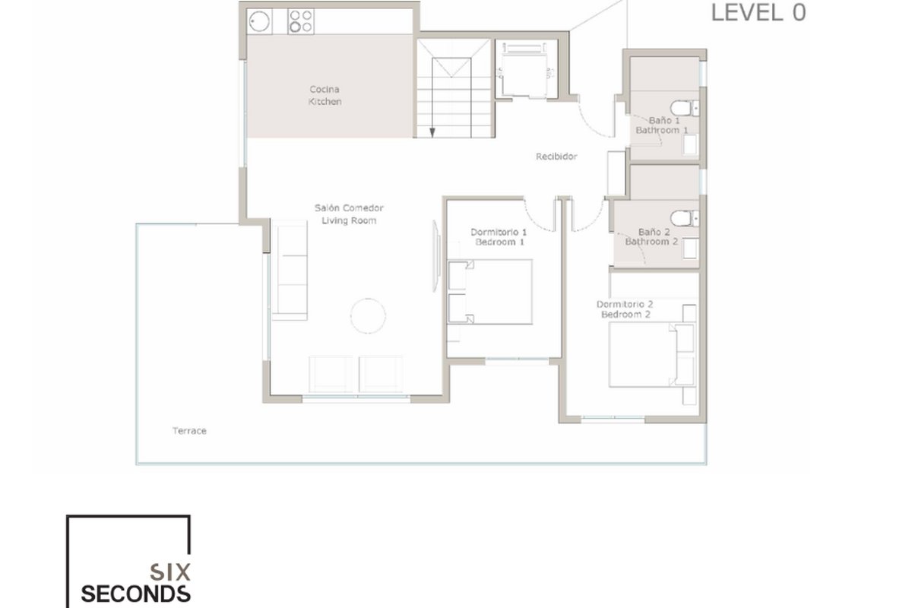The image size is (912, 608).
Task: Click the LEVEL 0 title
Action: click(x=758, y=13)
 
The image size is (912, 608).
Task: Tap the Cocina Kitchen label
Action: click(x=325, y=95)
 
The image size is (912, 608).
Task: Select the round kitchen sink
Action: click(x=259, y=21)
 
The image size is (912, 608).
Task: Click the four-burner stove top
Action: click(x=301, y=21)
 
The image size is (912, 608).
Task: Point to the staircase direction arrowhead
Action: click(x=432, y=132)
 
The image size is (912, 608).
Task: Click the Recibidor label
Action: click(x=556, y=157)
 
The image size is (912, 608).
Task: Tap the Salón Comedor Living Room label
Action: click(x=349, y=214)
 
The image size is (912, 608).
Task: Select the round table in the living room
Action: click(x=368, y=316)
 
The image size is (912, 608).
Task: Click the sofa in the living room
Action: click(x=290, y=271)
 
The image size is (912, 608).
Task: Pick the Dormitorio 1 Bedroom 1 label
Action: click(x=499, y=237)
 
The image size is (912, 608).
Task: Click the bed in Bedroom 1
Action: click(x=489, y=292)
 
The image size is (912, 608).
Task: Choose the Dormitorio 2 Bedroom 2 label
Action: click(x=625, y=309)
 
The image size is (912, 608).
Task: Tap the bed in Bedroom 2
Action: click(x=652, y=354)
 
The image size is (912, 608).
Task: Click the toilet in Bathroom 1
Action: click(x=685, y=109)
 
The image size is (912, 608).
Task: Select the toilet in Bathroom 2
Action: click(x=685, y=218)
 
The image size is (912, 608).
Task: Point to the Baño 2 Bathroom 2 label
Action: click(x=652, y=237)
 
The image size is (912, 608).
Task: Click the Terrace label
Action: click(x=189, y=431)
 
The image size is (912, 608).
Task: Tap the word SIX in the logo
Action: click(x=170, y=572)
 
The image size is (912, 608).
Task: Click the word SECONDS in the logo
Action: click(x=135, y=594)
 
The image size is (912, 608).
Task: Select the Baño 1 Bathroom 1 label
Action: click(x=662, y=125)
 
